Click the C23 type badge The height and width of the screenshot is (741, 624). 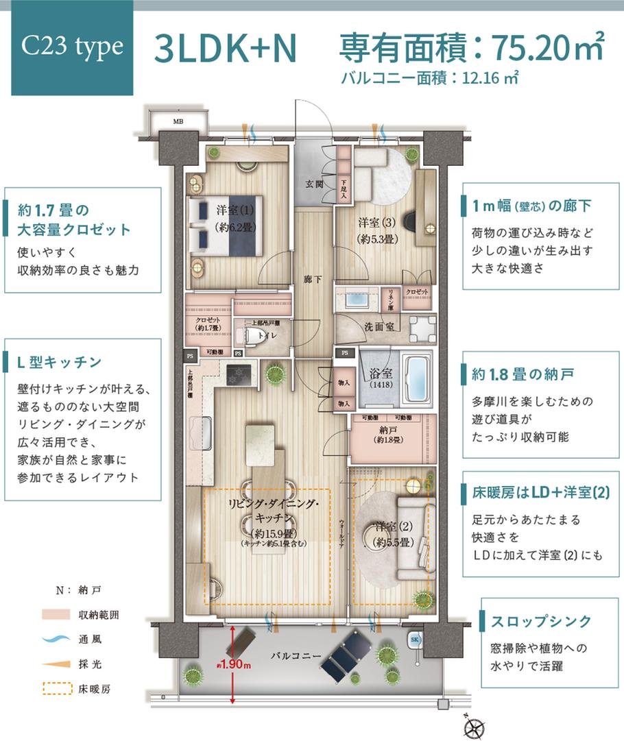click(72, 47)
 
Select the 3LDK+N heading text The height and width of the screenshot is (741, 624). click(226, 47)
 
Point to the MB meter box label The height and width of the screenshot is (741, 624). click(178, 123)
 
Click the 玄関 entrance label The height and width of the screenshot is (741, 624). click(315, 184)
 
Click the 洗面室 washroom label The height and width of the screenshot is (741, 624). click(378, 327)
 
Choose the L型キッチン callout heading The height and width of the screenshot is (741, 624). click(61, 361)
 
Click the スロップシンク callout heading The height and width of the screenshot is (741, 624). click(541, 621)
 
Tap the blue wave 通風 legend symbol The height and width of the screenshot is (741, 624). click(58, 639)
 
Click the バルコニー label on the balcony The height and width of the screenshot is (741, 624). click(296, 656)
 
